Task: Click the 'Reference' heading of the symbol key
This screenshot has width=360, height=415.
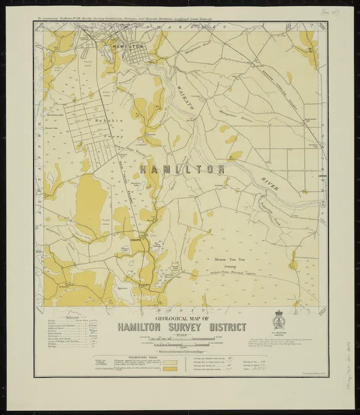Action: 70,317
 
